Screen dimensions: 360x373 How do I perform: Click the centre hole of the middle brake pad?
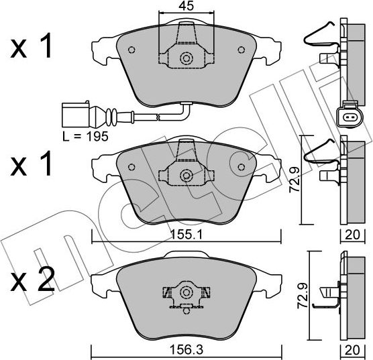(186, 176)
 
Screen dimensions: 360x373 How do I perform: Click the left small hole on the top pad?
(131, 49)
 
